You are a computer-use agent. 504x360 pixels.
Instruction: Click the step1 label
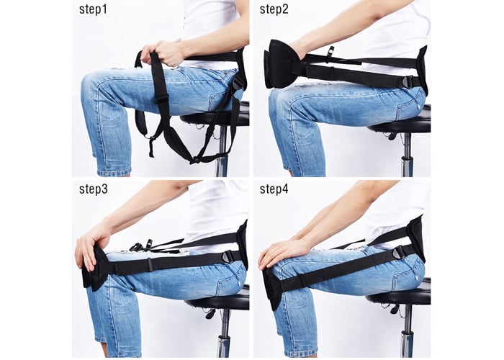pyautogui.click(x=93, y=9)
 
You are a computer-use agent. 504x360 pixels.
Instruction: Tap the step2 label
pyautogui.click(x=274, y=9)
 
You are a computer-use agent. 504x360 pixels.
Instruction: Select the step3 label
pyautogui.click(x=93, y=189)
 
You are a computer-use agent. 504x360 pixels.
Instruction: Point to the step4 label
pyautogui.click(x=274, y=189)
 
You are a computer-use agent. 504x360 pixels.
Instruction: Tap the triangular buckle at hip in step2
pyautogui.click(x=408, y=81)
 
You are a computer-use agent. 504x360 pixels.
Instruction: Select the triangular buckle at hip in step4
pyautogui.click(x=399, y=251)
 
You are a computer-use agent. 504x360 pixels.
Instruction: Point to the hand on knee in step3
pyautogui.click(x=91, y=243)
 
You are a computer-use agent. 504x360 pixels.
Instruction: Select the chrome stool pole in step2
pyautogui.click(x=407, y=155)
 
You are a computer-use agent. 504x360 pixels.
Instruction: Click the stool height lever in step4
pyautogui.click(x=394, y=309)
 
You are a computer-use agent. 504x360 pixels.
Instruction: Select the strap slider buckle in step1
pyautogui.click(x=161, y=99)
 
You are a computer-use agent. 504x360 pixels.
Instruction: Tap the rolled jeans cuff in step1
pyautogui.click(x=114, y=173)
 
